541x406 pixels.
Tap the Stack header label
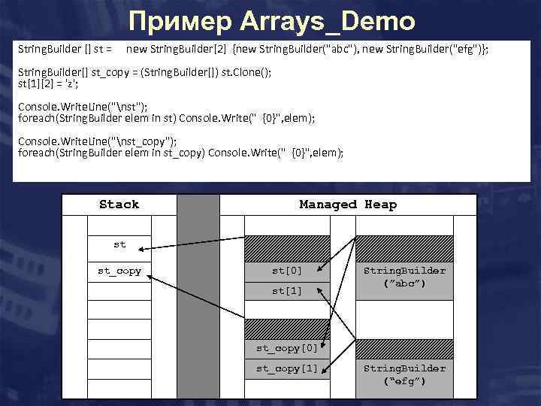tap(119, 205)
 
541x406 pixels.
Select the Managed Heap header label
tap(348, 205)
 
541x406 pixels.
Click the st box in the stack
tap(119, 244)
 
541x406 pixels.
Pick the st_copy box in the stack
tap(119, 271)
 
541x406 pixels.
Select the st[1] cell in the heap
tap(288, 290)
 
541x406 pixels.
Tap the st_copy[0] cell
tap(288, 348)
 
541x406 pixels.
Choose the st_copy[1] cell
tap(288, 368)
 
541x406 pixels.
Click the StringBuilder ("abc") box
tap(404, 277)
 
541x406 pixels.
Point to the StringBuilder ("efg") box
tap(404, 374)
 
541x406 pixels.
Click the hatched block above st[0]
tap(288, 248)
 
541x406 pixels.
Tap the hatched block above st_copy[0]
tap(288, 328)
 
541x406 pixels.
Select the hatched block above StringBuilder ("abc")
tap(404, 248)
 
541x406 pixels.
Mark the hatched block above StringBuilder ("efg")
tap(404, 347)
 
